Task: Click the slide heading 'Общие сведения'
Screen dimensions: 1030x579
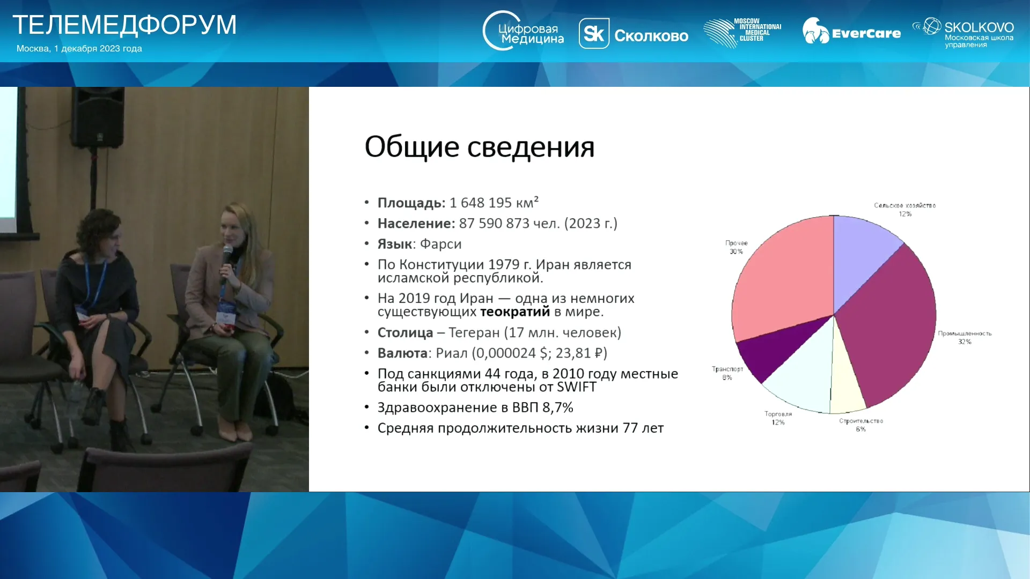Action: (480, 146)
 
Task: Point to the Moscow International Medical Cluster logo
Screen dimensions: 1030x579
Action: (742, 32)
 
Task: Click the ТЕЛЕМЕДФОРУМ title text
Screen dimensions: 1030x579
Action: (124, 25)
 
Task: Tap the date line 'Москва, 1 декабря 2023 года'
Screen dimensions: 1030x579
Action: (79, 48)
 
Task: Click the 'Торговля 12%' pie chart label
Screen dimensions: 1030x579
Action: (778, 418)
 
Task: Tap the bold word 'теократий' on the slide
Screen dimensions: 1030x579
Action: (515, 311)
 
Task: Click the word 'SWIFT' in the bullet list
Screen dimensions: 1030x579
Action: (577, 387)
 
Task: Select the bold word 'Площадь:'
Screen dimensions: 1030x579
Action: (411, 203)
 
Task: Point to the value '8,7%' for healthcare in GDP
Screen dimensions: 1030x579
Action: (558, 407)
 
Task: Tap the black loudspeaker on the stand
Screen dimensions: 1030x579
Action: (98, 117)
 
